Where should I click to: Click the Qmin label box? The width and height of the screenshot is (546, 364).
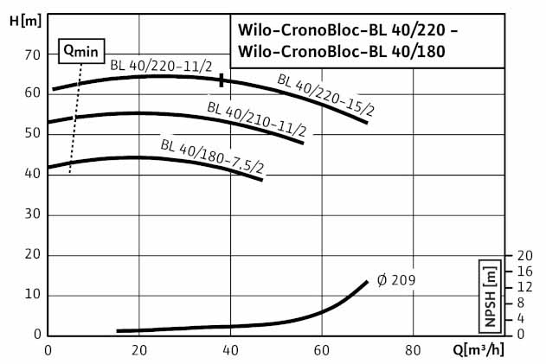click(x=80, y=50)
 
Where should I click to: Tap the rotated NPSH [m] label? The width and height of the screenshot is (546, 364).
click(x=490, y=296)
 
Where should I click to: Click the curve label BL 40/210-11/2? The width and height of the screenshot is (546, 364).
click(x=256, y=120)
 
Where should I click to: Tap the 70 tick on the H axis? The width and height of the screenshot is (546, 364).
click(x=33, y=54)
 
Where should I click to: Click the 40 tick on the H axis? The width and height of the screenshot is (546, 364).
click(x=33, y=174)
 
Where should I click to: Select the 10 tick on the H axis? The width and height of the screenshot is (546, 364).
click(x=33, y=295)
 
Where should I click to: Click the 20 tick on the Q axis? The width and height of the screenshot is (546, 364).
click(x=138, y=351)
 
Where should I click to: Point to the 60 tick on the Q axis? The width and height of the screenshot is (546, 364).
click(x=322, y=351)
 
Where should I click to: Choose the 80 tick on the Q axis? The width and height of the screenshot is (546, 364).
click(x=414, y=351)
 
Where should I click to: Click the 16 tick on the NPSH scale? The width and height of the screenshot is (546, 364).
click(x=524, y=271)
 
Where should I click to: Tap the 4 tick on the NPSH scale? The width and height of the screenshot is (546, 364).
click(x=520, y=319)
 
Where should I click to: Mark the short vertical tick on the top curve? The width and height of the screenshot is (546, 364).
click(x=222, y=80)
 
